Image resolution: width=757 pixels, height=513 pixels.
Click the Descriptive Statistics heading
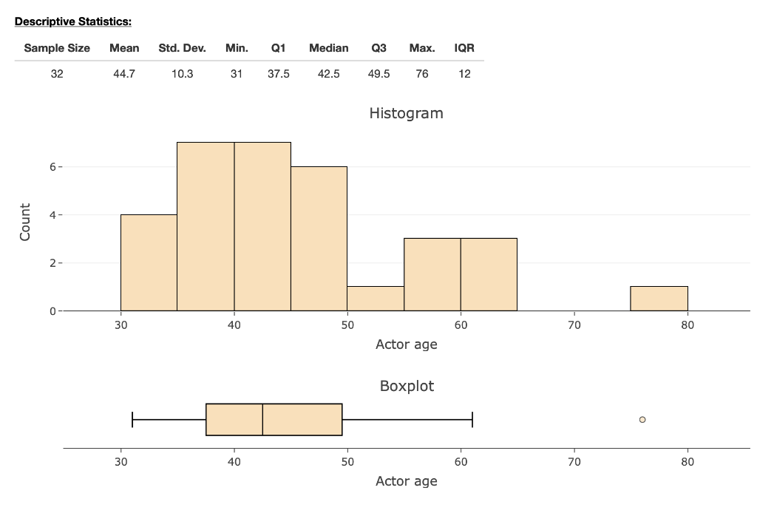(x=72, y=21)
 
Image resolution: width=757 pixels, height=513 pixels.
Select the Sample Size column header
(x=57, y=48)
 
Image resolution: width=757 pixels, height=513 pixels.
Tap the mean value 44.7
(x=124, y=74)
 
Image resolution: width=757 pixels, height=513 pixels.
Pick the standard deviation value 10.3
(x=182, y=74)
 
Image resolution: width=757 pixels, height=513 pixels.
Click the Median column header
(x=328, y=48)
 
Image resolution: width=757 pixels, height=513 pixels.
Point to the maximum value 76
(x=421, y=74)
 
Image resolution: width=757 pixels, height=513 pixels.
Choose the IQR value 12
(x=464, y=74)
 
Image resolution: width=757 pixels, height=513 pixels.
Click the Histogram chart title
(x=406, y=113)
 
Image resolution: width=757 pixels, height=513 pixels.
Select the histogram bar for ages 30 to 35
(x=149, y=262)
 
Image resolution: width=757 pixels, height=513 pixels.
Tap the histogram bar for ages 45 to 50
(x=319, y=238)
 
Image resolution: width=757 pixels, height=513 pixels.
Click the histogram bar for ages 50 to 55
(x=376, y=298)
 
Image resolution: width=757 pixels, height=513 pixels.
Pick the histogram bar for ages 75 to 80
(x=659, y=298)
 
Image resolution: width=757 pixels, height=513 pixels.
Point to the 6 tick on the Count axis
(x=52, y=167)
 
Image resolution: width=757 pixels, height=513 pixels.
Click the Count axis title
(x=25, y=222)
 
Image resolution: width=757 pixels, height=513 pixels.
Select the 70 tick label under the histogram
(x=574, y=325)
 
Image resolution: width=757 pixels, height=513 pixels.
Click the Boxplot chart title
(x=407, y=386)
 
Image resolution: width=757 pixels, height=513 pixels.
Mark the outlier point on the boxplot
(x=642, y=419)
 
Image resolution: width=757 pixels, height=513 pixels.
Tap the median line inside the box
(x=262, y=419)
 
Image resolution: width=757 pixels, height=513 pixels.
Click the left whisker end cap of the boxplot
(x=132, y=419)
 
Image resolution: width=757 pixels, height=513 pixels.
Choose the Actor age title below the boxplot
(x=406, y=481)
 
